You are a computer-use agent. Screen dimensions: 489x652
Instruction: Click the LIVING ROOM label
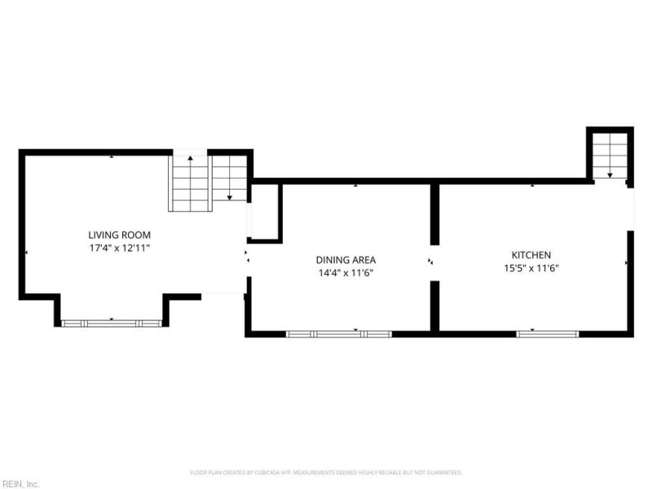(119, 235)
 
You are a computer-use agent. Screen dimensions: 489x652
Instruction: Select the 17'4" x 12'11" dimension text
(119, 247)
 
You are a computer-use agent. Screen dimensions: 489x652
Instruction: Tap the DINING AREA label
(346, 260)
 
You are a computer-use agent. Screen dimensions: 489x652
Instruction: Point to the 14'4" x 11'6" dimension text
(346, 273)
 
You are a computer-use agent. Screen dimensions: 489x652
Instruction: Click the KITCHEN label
(531, 255)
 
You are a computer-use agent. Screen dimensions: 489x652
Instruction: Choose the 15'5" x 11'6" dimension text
(531, 267)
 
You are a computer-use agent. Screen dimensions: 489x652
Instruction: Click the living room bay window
(112, 324)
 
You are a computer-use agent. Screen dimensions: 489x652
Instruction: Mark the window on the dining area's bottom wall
(338, 333)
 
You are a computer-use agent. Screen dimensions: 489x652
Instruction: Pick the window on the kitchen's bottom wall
(548, 333)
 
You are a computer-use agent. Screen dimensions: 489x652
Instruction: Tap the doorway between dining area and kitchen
(434, 261)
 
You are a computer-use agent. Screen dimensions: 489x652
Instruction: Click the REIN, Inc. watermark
(20, 483)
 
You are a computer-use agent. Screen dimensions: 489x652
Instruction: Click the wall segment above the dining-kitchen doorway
(434, 214)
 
